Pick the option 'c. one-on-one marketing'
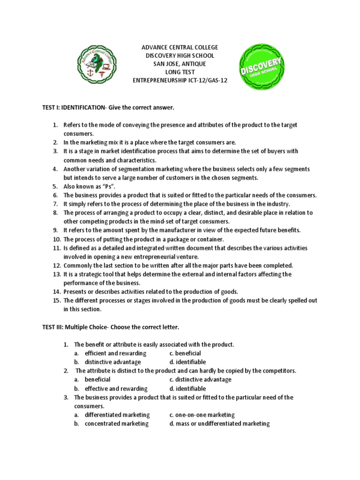pos(202,415)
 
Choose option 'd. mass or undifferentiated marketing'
pos(219,423)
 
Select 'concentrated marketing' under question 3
pos(116,423)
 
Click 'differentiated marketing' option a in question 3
pos(117,415)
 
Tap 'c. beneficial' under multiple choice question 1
pos(185,353)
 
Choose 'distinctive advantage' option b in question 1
pos(112,362)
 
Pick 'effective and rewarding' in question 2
pos(116,389)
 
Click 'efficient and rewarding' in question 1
pos(115,353)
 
